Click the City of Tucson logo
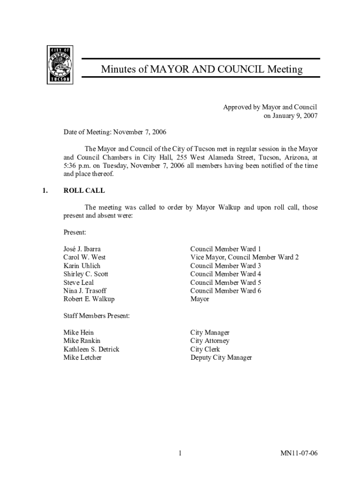(x=60, y=65)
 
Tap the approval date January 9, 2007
(x=291, y=116)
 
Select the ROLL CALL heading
(x=84, y=191)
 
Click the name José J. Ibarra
(x=82, y=249)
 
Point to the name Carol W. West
(x=85, y=257)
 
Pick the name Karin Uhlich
(x=82, y=266)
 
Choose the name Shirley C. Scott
(x=86, y=274)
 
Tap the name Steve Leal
(x=79, y=283)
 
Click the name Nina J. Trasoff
(x=85, y=291)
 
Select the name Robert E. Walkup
(x=89, y=299)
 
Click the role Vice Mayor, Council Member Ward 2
(x=245, y=257)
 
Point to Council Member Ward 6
(x=226, y=291)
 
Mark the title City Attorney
(x=210, y=341)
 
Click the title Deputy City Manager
(x=221, y=358)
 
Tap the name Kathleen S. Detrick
(x=91, y=349)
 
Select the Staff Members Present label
(x=96, y=316)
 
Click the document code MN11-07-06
(x=299, y=454)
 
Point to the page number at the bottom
(x=180, y=454)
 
